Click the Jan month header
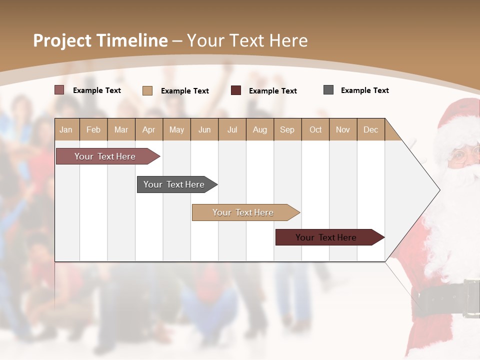point(66,129)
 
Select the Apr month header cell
point(149,129)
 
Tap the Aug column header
point(259,129)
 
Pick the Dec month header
point(370,129)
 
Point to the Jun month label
point(204,129)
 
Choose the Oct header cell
point(315,129)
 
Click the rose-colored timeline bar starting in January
point(105,156)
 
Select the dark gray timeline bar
point(174,184)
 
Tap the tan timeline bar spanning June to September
point(243,212)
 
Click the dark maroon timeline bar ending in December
point(326,237)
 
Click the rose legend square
point(59,90)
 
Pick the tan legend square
point(147,90)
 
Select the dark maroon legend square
point(236,90)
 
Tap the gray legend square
point(328,90)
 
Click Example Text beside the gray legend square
point(364,90)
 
